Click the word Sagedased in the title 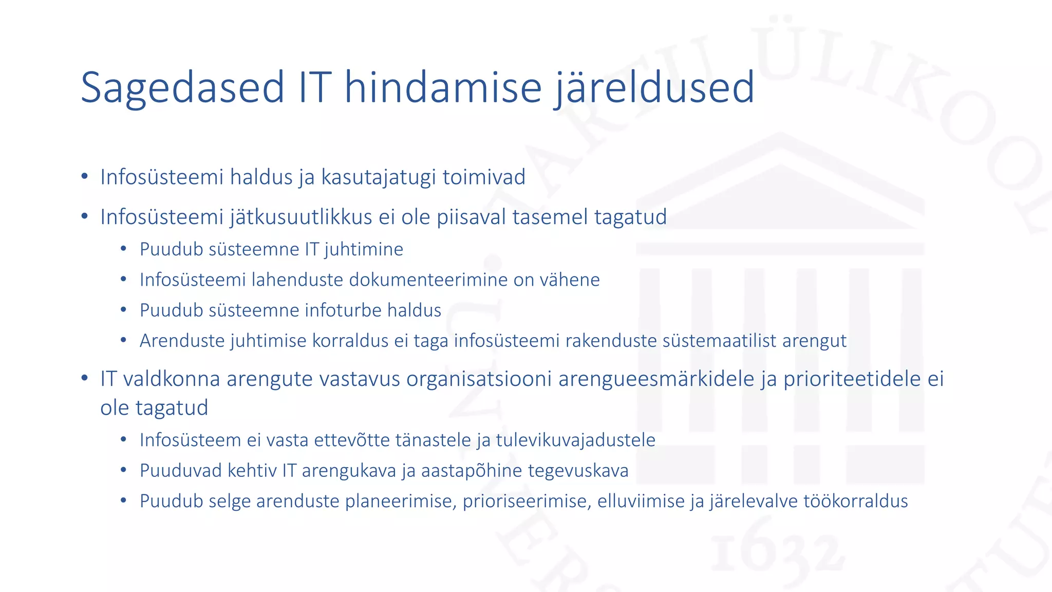coord(182,87)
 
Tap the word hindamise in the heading coord(443,87)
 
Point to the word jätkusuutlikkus coord(300,217)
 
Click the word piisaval coord(471,217)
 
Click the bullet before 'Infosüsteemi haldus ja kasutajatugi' coord(85,177)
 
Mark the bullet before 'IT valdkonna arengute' coord(85,379)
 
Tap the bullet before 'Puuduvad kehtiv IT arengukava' coord(123,471)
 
